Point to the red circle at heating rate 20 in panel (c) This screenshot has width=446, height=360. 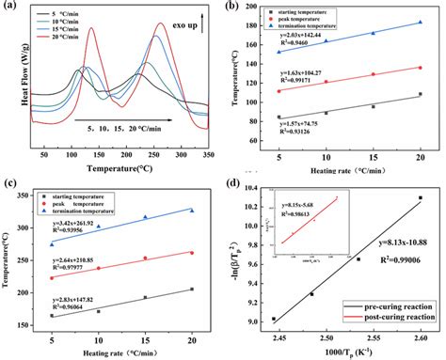192,253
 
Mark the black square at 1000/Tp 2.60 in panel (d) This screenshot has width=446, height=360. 420,197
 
